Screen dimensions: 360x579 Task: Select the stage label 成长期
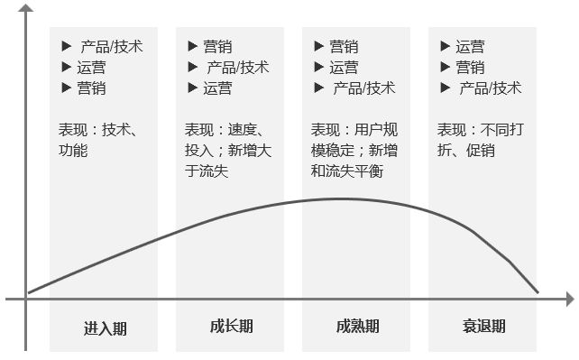pyautogui.click(x=231, y=327)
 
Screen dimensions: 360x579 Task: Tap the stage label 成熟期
pyautogui.click(x=357, y=327)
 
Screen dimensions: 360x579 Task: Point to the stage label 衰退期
pyautogui.click(x=483, y=327)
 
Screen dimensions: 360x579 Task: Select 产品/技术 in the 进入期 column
pyautogui.click(x=112, y=45)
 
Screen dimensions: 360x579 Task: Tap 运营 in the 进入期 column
pyautogui.click(x=91, y=67)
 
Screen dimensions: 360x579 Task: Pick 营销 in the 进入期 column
pyautogui.click(x=91, y=88)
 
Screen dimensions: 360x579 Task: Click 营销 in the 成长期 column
pyautogui.click(x=217, y=46)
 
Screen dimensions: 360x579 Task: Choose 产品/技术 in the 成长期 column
pyautogui.click(x=238, y=67)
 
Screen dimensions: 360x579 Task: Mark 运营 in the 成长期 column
pyautogui.click(x=217, y=88)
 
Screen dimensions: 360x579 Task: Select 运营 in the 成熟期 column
pyautogui.click(x=344, y=67)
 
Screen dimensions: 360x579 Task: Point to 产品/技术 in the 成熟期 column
pyautogui.click(x=364, y=88)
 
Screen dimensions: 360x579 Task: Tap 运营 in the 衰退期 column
pyautogui.click(x=470, y=46)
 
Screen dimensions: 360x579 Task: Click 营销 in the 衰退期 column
pyautogui.click(x=470, y=67)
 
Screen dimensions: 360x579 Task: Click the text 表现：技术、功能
pyautogui.click(x=97, y=139)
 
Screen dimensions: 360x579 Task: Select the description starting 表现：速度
pyautogui.click(x=227, y=150)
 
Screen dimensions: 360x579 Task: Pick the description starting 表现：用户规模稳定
pyautogui.click(x=354, y=150)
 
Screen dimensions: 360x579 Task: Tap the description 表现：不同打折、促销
pyautogui.click(x=481, y=139)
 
